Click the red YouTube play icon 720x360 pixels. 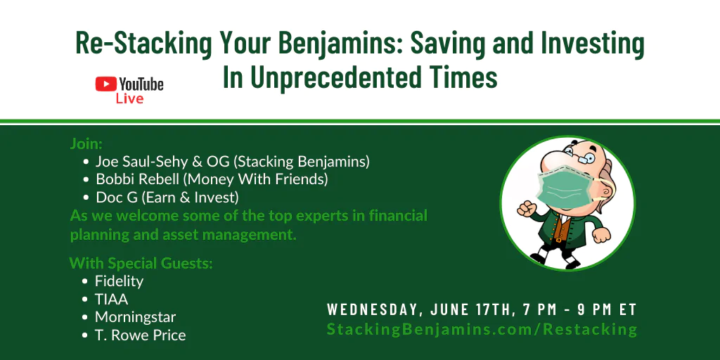[105, 84]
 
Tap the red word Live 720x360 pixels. [129, 98]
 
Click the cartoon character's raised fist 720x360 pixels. [526, 208]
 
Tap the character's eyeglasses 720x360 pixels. [581, 157]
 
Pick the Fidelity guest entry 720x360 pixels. [119, 281]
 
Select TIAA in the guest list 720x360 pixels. [111, 300]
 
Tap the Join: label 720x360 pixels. [86, 143]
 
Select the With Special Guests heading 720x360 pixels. [141, 263]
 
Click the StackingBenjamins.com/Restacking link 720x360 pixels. [482, 329]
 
